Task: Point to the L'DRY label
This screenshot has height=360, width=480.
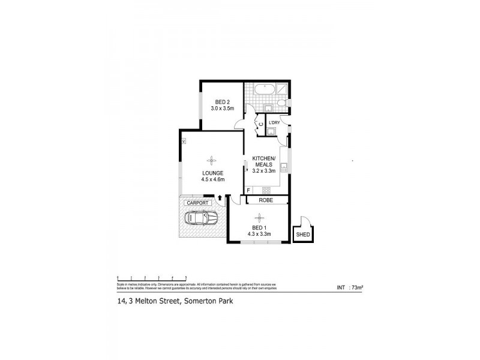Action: (274, 123)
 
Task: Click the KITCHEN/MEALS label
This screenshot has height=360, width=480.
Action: (263, 161)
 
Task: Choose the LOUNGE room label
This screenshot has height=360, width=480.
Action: (212, 173)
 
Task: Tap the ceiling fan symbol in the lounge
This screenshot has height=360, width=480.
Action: (211, 160)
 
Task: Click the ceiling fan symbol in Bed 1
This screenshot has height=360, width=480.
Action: (259, 217)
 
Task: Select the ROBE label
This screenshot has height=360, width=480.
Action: (266, 200)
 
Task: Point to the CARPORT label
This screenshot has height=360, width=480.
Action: (197, 203)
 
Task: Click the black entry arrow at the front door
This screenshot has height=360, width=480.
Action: (220, 197)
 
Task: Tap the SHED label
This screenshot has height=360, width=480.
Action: (303, 235)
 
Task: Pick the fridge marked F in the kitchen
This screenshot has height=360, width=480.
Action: (248, 191)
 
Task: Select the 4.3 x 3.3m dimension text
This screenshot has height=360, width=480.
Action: (259, 234)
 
